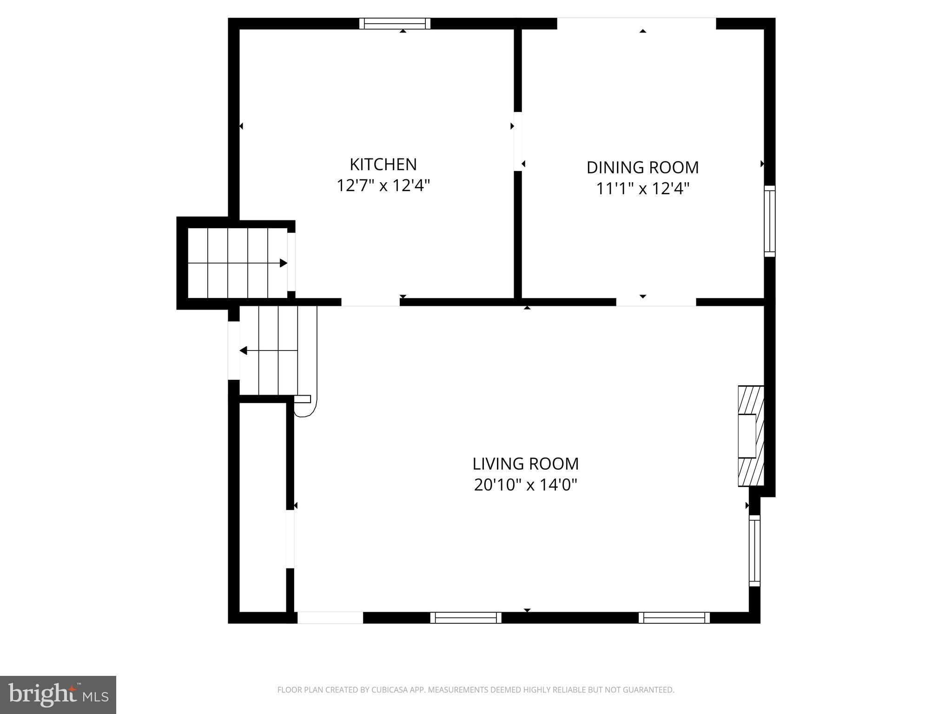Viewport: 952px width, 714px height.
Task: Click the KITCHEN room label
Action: tap(383, 165)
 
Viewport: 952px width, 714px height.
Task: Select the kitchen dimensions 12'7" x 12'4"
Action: tap(383, 186)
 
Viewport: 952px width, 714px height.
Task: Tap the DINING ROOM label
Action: tap(642, 167)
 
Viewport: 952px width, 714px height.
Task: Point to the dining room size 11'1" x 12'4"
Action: tap(642, 189)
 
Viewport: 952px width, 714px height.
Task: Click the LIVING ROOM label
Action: tap(525, 464)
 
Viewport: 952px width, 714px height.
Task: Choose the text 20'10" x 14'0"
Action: tap(525, 485)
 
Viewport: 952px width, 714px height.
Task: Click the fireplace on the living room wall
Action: tap(751, 436)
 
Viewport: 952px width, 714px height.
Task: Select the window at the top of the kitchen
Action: tap(395, 24)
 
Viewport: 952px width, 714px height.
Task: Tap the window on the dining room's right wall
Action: tap(770, 221)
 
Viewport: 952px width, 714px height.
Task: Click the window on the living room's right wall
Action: tap(754, 550)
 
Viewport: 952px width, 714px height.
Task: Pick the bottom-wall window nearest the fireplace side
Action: tap(674, 617)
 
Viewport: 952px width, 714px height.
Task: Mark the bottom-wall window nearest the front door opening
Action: tap(466, 617)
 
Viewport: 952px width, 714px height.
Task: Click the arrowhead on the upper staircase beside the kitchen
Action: tap(283, 263)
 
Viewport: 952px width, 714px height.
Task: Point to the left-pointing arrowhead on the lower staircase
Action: tap(243, 350)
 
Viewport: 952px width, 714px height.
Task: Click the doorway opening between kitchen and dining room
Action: tap(517, 141)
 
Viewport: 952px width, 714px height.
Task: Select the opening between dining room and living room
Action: tap(656, 302)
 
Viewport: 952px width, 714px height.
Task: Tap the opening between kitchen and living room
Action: tap(370, 302)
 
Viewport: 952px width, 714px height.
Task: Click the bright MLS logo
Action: tap(58, 695)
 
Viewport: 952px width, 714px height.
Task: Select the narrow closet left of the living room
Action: tap(263, 507)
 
